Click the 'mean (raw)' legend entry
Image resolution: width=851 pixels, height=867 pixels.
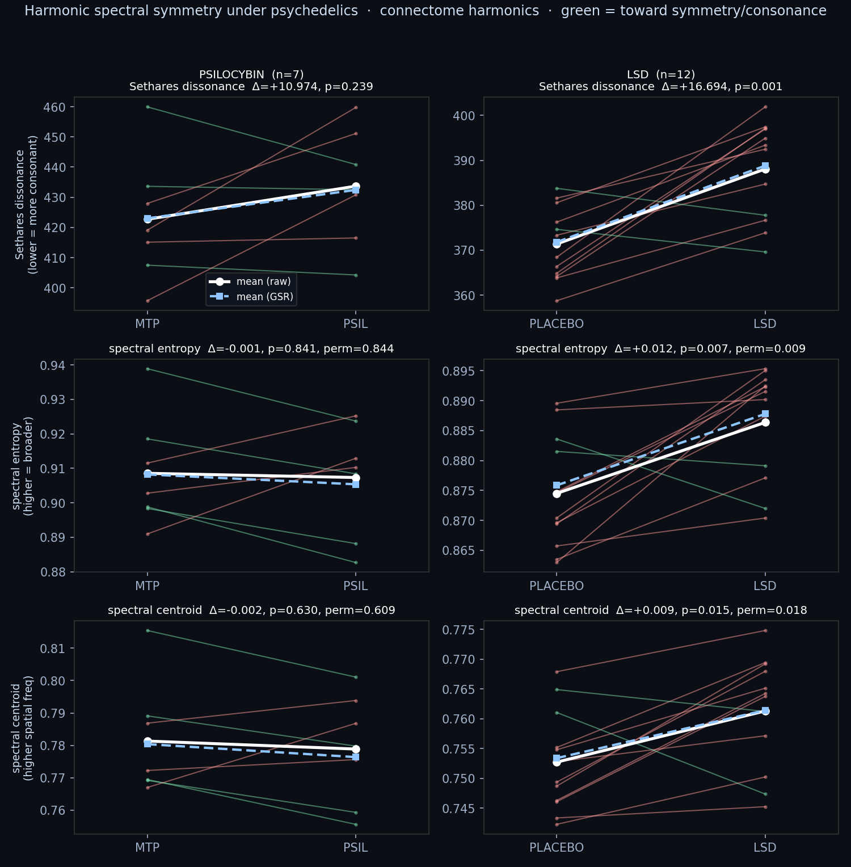tap(250, 281)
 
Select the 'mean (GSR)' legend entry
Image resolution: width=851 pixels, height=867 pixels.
tap(250, 297)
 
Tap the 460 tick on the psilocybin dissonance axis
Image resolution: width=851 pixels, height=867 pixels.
tap(54, 107)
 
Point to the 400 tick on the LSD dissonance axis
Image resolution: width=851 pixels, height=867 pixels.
tap(464, 116)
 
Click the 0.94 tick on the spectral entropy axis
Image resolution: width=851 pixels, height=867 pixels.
tap(53, 365)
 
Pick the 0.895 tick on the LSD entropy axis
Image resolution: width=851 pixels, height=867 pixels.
tap(459, 372)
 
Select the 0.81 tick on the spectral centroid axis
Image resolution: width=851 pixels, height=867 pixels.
tap(53, 649)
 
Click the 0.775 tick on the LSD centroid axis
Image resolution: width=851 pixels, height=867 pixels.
tap(459, 630)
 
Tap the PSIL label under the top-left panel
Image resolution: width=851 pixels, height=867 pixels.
tap(356, 324)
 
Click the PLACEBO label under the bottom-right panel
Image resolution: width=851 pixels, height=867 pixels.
tap(557, 848)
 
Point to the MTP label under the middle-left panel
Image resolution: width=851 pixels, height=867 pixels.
tap(148, 586)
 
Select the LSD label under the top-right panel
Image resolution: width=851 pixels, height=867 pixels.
tap(765, 324)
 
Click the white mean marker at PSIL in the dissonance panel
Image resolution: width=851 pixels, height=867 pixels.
tap(356, 187)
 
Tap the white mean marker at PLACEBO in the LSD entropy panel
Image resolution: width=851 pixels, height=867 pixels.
tap(557, 494)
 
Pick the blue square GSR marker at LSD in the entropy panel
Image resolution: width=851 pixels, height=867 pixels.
tap(765, 414)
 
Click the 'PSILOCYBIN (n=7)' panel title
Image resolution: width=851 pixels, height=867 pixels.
tap(251, 74)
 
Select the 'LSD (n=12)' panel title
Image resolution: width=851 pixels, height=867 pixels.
tap(661, 74)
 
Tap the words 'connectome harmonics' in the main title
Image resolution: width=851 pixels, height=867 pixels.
tap(460, 11)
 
